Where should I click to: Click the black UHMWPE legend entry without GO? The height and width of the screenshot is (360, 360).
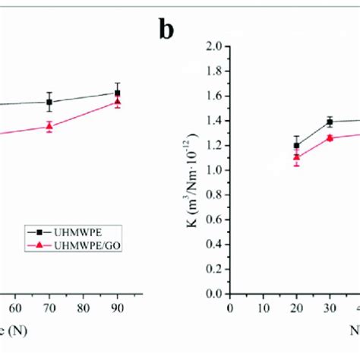click(x=60, y=231)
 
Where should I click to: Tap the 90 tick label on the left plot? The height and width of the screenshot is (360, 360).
click(x=117, y=308)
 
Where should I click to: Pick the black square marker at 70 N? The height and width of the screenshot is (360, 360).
click(x=49, y=102)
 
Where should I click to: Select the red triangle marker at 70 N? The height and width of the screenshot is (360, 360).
click(x=49, y=126)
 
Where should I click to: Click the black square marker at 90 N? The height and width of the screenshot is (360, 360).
click(x=117, y=93)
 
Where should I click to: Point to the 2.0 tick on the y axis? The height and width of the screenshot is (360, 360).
click(x=213, y=46)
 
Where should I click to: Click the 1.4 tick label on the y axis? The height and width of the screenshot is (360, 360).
click(x=213, y=121)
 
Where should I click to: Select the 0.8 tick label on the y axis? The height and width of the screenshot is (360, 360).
click(x=213, y=195)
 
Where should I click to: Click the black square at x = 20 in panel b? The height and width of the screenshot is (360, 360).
click(x=296, y=145)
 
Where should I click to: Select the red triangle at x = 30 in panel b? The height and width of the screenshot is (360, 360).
click(x=330, y=137)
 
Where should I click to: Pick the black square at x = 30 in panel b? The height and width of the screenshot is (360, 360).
click(x=330, y=122)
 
